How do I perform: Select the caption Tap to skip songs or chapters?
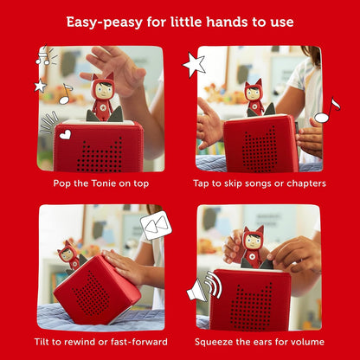[259, 183]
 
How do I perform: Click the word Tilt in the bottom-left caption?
[49, 342]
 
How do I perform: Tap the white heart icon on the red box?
[66, 134]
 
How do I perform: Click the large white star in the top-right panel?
[194, 65]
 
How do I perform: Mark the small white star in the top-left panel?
[40, 86]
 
